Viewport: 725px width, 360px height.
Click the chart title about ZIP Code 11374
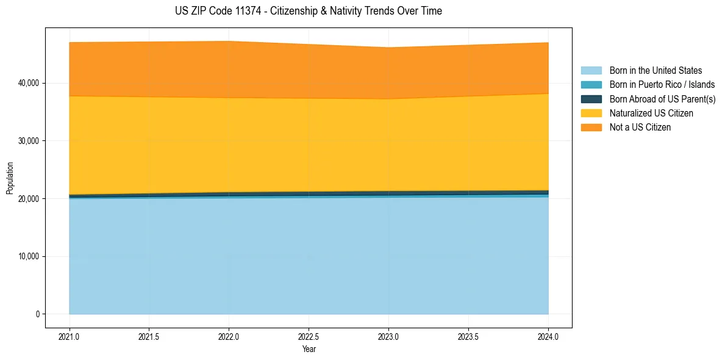click(x=309, y=11)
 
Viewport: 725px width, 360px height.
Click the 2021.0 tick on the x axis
click(x=70, y=336)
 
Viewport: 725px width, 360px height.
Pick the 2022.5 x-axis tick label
click(x=309, y=336)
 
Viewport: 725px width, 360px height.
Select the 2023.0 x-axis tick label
click(x=388, y=336)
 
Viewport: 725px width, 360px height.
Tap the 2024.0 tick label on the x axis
click(x=548, y=336)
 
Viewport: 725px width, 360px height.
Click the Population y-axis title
click(x=10, y=178)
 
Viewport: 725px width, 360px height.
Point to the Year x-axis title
click(x=309, y=350)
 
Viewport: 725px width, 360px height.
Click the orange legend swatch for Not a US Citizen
click(x=591, y=128)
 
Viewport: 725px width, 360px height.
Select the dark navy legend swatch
click(x=591, y=99)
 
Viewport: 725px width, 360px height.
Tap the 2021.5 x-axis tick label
click(x=149, y=336)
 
